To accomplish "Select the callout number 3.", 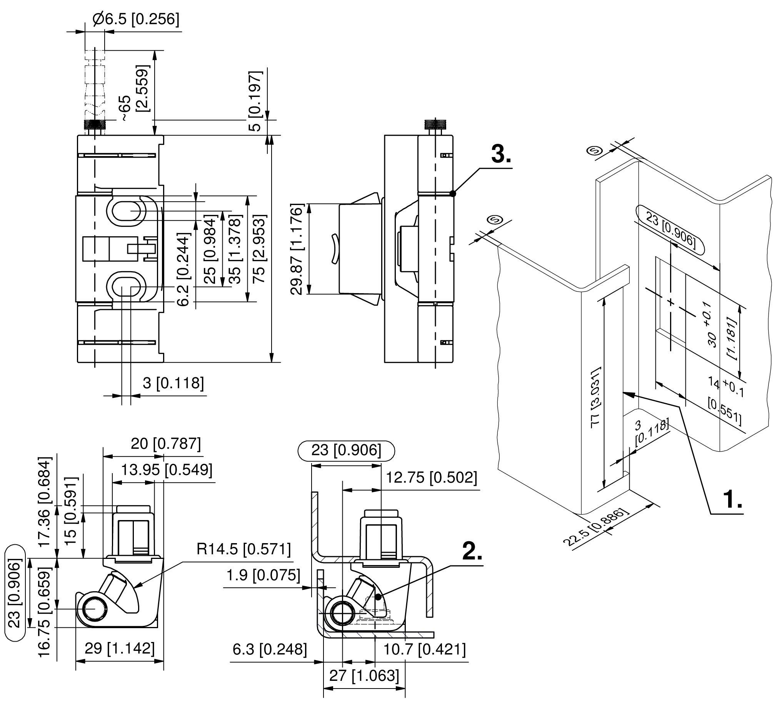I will tap(501, 155).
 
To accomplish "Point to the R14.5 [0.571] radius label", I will tap(243, 549).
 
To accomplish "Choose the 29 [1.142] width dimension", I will tap(120, 649).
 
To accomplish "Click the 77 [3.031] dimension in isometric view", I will tap(595, 397).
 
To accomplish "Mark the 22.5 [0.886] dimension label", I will tap(595, 527).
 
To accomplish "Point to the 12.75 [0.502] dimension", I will tap(431, 478).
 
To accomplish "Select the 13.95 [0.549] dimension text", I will tap(167, 470).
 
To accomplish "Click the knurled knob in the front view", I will tap(95, 125).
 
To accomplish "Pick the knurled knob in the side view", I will tap(435, 125).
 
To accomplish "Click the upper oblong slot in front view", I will tap(126, 211).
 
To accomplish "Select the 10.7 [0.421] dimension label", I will tap(424, 649).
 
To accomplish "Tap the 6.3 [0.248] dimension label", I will tap(270, 649).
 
